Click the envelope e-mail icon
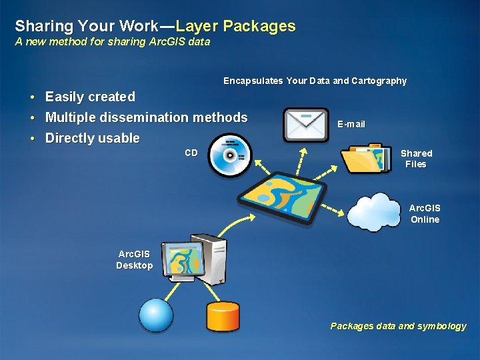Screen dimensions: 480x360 [x=306, y=125]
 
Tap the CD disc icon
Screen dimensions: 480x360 [x=230, y=155]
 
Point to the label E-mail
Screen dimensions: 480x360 [x=351, y=125]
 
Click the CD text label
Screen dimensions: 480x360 [x=191, y=153]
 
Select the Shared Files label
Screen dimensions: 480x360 [x=416, y=159]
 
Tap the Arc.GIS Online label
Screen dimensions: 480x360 [x=425, y=214]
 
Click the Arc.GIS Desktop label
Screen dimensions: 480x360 [x=134, y=260]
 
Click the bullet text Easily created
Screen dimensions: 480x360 [x=90, y=97]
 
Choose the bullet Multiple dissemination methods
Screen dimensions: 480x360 [x=146, y=117]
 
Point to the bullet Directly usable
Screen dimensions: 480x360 [x=92, y=139]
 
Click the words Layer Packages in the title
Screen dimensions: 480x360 [x=236, y=27]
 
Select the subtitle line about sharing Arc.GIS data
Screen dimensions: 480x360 [x=113, y=42]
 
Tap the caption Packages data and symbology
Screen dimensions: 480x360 [x=398, y=326]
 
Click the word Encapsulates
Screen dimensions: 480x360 [x=253, y=81]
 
